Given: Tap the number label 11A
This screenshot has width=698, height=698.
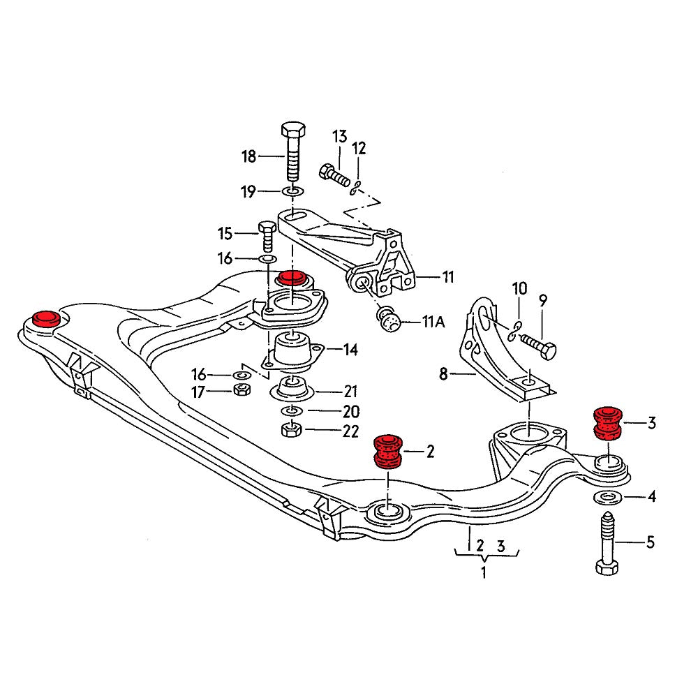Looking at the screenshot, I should click(434, 322).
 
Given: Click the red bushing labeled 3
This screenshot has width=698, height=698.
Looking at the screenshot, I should click(607, 423).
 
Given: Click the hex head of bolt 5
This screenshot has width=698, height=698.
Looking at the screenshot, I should click(607, 565).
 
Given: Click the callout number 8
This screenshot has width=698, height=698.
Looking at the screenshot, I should click(443, 375).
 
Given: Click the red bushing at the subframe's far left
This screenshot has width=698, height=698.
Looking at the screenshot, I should click(47, 319).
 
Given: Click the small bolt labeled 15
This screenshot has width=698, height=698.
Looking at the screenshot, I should click(267, 236).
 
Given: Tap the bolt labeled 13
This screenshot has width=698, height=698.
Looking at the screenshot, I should click(334, 172).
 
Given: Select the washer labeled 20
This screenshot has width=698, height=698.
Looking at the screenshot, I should click(292, 411).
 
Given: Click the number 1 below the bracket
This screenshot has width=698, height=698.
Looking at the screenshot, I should click(482, 574).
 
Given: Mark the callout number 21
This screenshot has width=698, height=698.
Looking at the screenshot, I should click(350, 391).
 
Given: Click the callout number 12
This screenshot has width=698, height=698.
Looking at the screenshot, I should click(359, 148).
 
